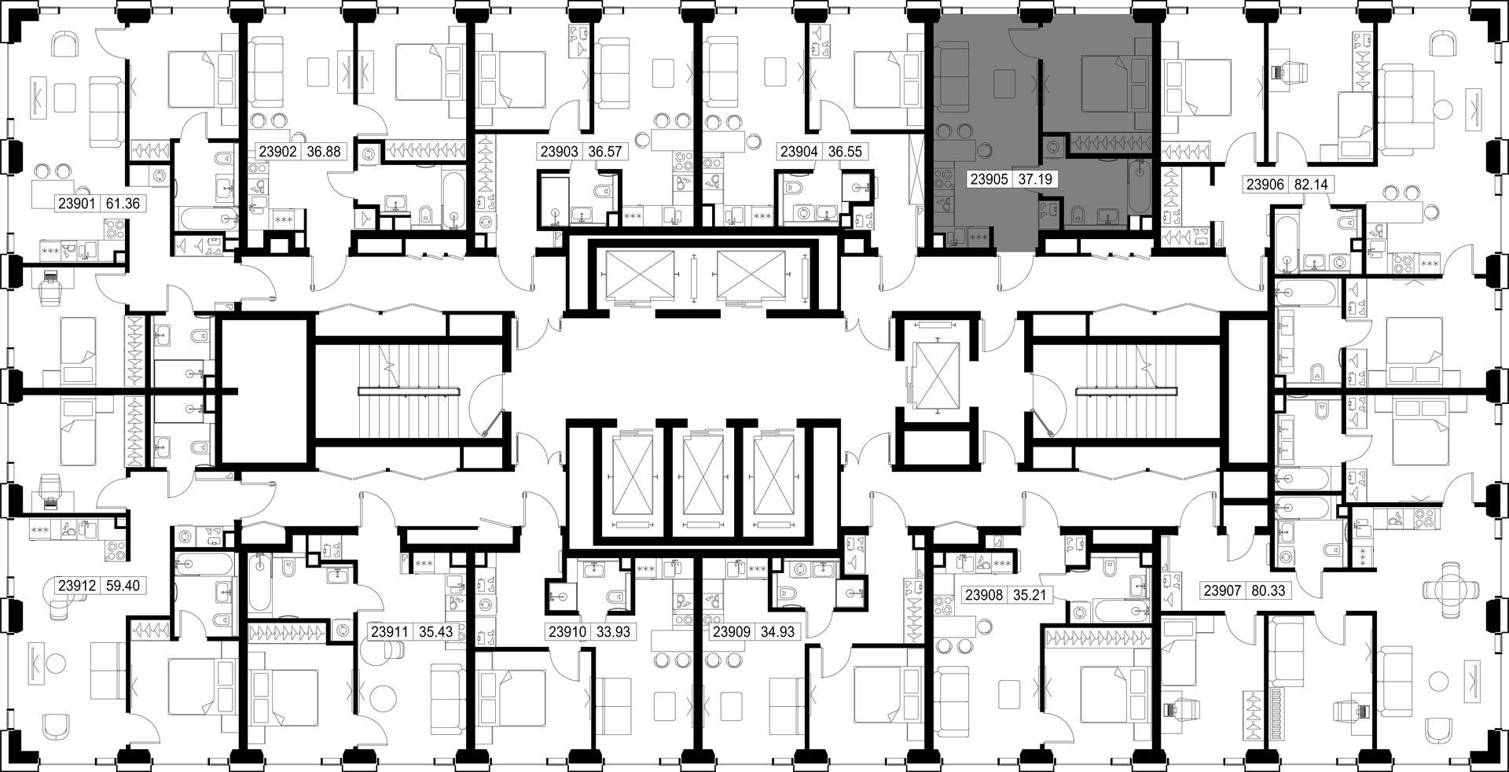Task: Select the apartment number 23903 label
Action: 559,152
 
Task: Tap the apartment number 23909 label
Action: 731,631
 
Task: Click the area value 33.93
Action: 613,631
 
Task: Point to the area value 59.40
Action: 124,586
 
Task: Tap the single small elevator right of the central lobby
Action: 939,377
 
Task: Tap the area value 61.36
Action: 123,204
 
